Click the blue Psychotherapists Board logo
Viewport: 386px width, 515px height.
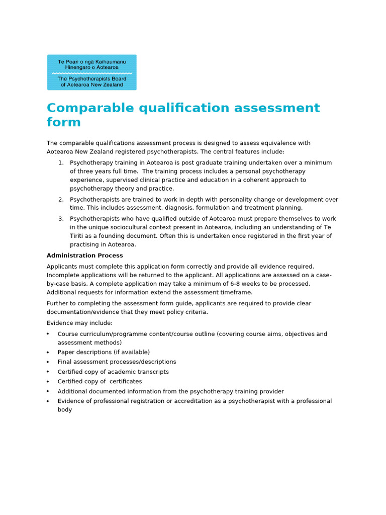(x=91, y=72)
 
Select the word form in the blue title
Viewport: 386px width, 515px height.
(x=63, y=123)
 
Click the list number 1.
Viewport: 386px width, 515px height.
(x=60, y=163)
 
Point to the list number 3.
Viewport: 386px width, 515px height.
(x=60, y=219)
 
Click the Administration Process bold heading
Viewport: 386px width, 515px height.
(x=84, y=255)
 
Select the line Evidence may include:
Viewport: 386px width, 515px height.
(x=79, y=323)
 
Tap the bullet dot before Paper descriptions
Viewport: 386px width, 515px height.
(x=48, y=352)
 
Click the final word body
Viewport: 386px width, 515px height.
(x=65, y=410)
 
